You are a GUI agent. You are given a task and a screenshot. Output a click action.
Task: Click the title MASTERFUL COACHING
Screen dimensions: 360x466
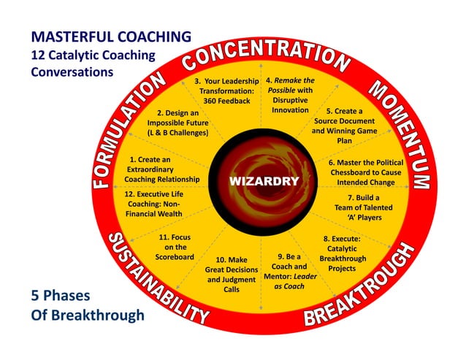coord(111,36)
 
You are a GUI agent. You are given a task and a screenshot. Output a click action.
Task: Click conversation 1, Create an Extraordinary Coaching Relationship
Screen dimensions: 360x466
coord(161,169)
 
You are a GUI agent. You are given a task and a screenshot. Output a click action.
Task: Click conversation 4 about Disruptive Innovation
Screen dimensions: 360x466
coord(290,95)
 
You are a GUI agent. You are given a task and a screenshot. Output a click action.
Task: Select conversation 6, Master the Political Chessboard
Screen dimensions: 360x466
coord(364,172)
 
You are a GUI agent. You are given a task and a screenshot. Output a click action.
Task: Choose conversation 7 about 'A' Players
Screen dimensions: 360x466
coord(363,207)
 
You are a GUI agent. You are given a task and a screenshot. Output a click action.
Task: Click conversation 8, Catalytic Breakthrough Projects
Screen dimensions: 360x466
coord(343,253)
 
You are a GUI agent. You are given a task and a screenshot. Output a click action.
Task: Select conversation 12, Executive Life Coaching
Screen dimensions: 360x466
coord(154,204)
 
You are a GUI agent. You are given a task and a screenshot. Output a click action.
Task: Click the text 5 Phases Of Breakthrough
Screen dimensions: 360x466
coord(87,306)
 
